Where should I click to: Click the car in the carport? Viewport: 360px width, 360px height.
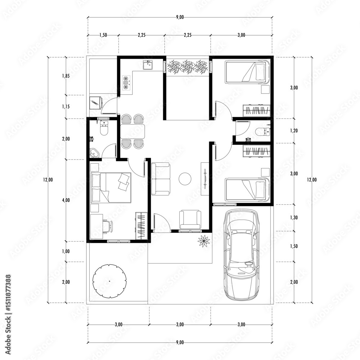(242, 255)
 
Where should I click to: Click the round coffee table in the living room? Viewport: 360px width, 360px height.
(185, 179)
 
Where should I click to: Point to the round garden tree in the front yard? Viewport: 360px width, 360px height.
(109, 281)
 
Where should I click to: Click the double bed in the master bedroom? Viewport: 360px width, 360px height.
(111, 188)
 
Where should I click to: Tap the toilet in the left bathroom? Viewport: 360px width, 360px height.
(104, 129)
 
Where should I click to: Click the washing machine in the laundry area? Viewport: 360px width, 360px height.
(96, 102)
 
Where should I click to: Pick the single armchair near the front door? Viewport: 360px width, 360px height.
(190, 219)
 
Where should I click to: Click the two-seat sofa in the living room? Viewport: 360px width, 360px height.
(161, 179)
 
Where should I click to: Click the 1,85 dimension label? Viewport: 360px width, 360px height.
(66, 76)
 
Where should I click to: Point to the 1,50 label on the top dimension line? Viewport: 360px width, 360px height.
(103, 35)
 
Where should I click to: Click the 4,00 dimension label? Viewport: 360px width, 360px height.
(66, 200)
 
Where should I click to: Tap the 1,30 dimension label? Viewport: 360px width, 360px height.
(294, 217)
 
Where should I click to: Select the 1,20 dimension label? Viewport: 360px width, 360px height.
(294, 131)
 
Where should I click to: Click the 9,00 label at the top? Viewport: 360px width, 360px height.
(180, 17)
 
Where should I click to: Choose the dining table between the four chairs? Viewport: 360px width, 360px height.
(133, 131)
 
